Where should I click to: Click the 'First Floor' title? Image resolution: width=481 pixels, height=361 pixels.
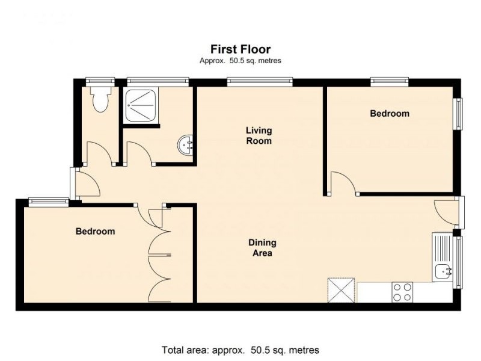[240, 49]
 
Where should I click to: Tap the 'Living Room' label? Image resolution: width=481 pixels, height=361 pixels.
[259, 135]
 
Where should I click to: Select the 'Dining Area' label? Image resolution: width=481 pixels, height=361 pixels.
[262, 248]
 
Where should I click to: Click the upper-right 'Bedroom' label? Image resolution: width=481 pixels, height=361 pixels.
[389, 113]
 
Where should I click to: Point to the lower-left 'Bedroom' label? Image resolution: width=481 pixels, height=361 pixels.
[95, 231]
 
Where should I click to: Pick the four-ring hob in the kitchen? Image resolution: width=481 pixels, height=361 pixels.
[402, 292]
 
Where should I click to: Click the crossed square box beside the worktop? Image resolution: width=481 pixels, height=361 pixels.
[340, 290]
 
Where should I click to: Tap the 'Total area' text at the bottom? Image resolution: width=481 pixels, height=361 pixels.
[240, 350]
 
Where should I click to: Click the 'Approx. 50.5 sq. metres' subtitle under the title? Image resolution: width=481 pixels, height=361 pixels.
[240, 61]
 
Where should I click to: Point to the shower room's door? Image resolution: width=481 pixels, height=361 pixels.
[138, 153]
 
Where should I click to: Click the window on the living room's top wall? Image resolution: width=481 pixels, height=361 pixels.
[260, 81]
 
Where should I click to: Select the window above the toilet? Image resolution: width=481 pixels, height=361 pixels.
[100, 81]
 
